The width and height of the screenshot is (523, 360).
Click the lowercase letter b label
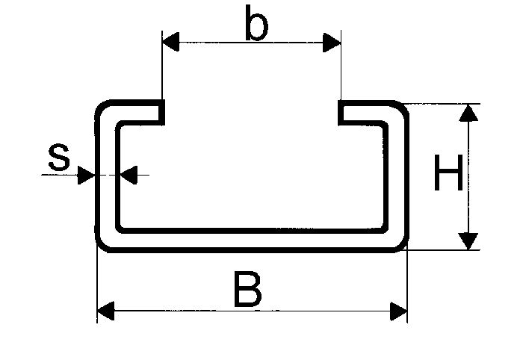pos(256,23)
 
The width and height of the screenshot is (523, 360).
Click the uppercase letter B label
pos(248,289)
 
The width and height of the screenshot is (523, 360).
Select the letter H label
pos(448,173)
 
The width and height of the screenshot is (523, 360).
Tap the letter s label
pos(59,158)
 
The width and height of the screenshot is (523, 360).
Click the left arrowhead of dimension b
pos(170,42)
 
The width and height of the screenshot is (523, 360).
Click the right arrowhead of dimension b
pos(332,43)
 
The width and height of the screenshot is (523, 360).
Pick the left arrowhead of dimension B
pos(106,311)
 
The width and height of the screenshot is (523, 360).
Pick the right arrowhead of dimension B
pos(398,311)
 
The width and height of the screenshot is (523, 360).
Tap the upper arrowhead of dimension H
pos(468,113)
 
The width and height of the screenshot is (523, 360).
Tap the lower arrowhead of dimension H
pos(468,241)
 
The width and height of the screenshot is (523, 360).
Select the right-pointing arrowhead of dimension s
pos(86,175)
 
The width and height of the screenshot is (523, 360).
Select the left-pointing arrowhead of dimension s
pos(129,175)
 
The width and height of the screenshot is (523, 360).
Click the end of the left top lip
pos(161,112)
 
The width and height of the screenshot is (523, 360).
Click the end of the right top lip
pos(341,112)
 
